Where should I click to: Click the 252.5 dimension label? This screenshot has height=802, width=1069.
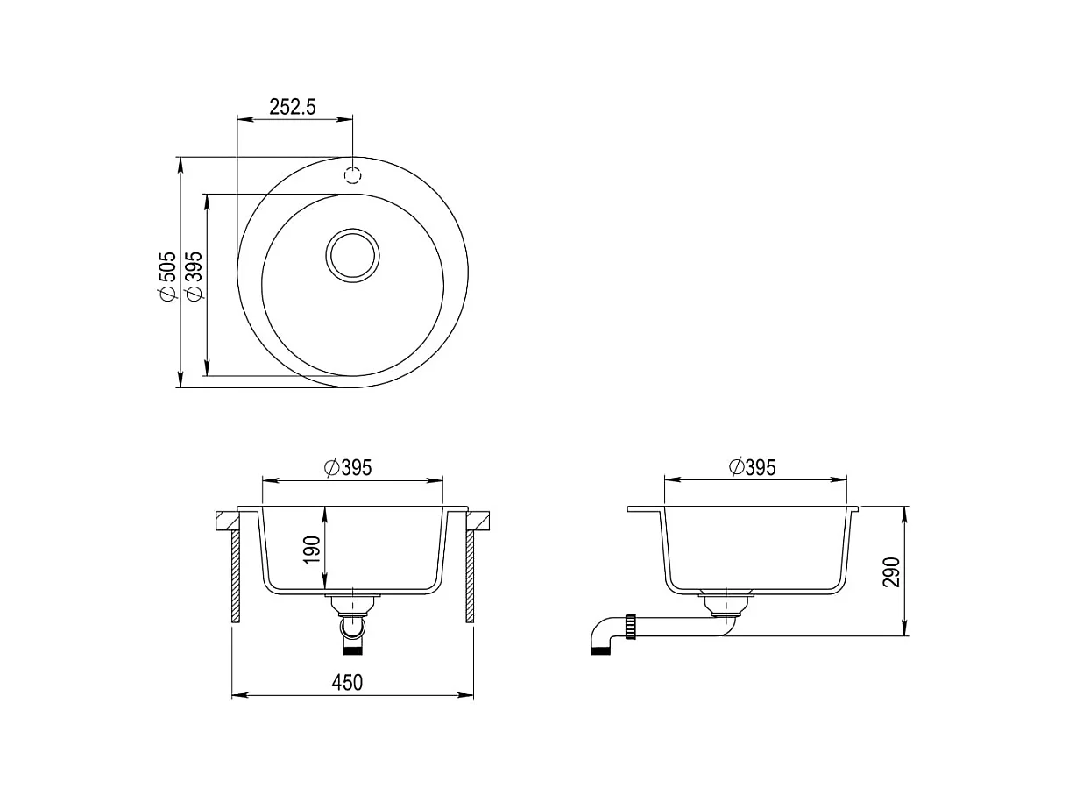(x=292, y=107)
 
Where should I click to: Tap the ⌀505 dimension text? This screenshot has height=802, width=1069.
(x=166, y=276)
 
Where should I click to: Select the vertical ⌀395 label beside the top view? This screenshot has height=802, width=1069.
(x=194, y=276)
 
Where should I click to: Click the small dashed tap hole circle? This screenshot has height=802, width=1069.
(x=352, y=175)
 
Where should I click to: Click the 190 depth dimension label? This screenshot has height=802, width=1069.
(x=312, y=550)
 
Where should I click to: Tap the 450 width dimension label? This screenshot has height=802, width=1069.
(x=347, y=683)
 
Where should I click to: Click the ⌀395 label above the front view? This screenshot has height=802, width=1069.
(x=348, y=467)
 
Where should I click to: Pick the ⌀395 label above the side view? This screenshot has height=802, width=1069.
(x=753, y=467)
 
